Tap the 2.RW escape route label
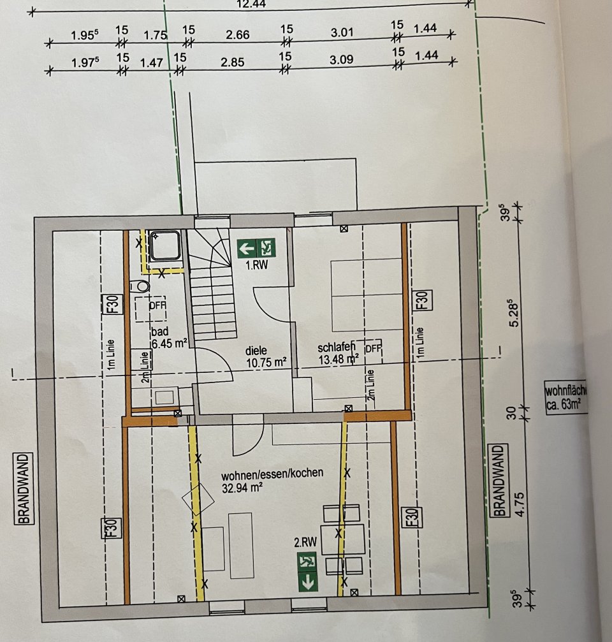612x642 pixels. pyautogui.click(x=305, y=543)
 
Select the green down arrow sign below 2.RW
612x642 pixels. pyautogui.click(x=309, y=582)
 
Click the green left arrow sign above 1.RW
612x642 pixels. pyautogui.click(x=247, y=247)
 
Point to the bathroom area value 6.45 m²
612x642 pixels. pyautogui.click(x=168, y=343)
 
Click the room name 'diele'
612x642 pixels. pyautogui.click(x=258, y=350)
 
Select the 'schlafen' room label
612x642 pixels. pyautogui.click(x=336, y=348)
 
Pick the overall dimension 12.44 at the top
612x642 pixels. pyautogui.click(x=251, y=3)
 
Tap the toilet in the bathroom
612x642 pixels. pyautogui.click(x=142, y=286)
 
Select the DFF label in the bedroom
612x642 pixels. pyautogui.click(x=374, y=349)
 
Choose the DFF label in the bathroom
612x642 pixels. pyautogui.click(x=157, y=305)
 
